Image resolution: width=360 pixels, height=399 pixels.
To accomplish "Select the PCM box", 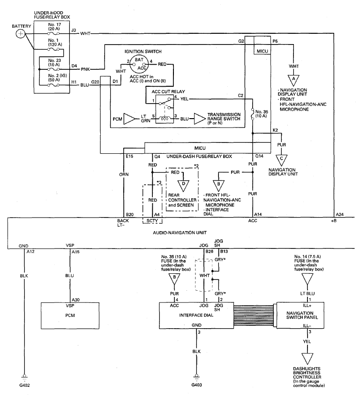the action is (70, 316).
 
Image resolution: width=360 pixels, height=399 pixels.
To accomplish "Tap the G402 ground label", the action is (24, 385).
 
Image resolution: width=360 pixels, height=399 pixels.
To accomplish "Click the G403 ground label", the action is (197, 385).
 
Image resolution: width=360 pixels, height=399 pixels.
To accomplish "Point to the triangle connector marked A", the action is (293, 80).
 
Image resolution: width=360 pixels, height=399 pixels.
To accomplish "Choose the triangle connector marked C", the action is (281, 160).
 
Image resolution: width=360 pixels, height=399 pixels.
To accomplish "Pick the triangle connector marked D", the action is (183, 185).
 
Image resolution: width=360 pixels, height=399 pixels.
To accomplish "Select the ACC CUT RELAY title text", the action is (168, 91).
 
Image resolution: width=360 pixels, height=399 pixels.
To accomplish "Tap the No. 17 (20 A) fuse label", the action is (54, 27).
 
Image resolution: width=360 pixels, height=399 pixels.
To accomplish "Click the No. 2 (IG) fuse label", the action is (54, 78).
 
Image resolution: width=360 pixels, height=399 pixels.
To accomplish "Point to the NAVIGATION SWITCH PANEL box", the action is (300, 315).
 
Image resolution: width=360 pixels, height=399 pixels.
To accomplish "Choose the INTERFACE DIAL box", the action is (196, 315).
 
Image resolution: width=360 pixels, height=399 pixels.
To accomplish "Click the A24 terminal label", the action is (339, 215).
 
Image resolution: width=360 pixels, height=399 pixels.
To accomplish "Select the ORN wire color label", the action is (124, 174).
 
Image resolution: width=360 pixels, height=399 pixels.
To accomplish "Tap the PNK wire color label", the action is (85, 69).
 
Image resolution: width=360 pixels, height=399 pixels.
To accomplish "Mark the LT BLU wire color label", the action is (307, 294).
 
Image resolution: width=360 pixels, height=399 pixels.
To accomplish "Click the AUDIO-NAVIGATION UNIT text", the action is (180, 233).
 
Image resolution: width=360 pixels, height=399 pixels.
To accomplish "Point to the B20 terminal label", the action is (129, 215).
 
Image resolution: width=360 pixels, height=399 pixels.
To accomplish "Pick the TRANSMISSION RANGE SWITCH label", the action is (224, 119).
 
